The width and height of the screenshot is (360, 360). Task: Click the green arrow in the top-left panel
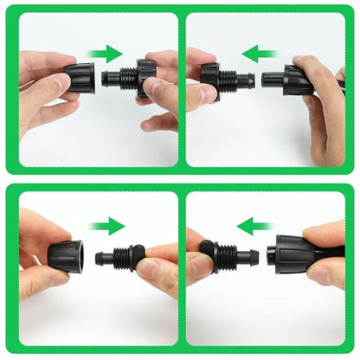(106, 54)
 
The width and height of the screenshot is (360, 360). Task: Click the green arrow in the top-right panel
(260, 54)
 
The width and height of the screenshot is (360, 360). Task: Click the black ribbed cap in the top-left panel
(79, 77)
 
